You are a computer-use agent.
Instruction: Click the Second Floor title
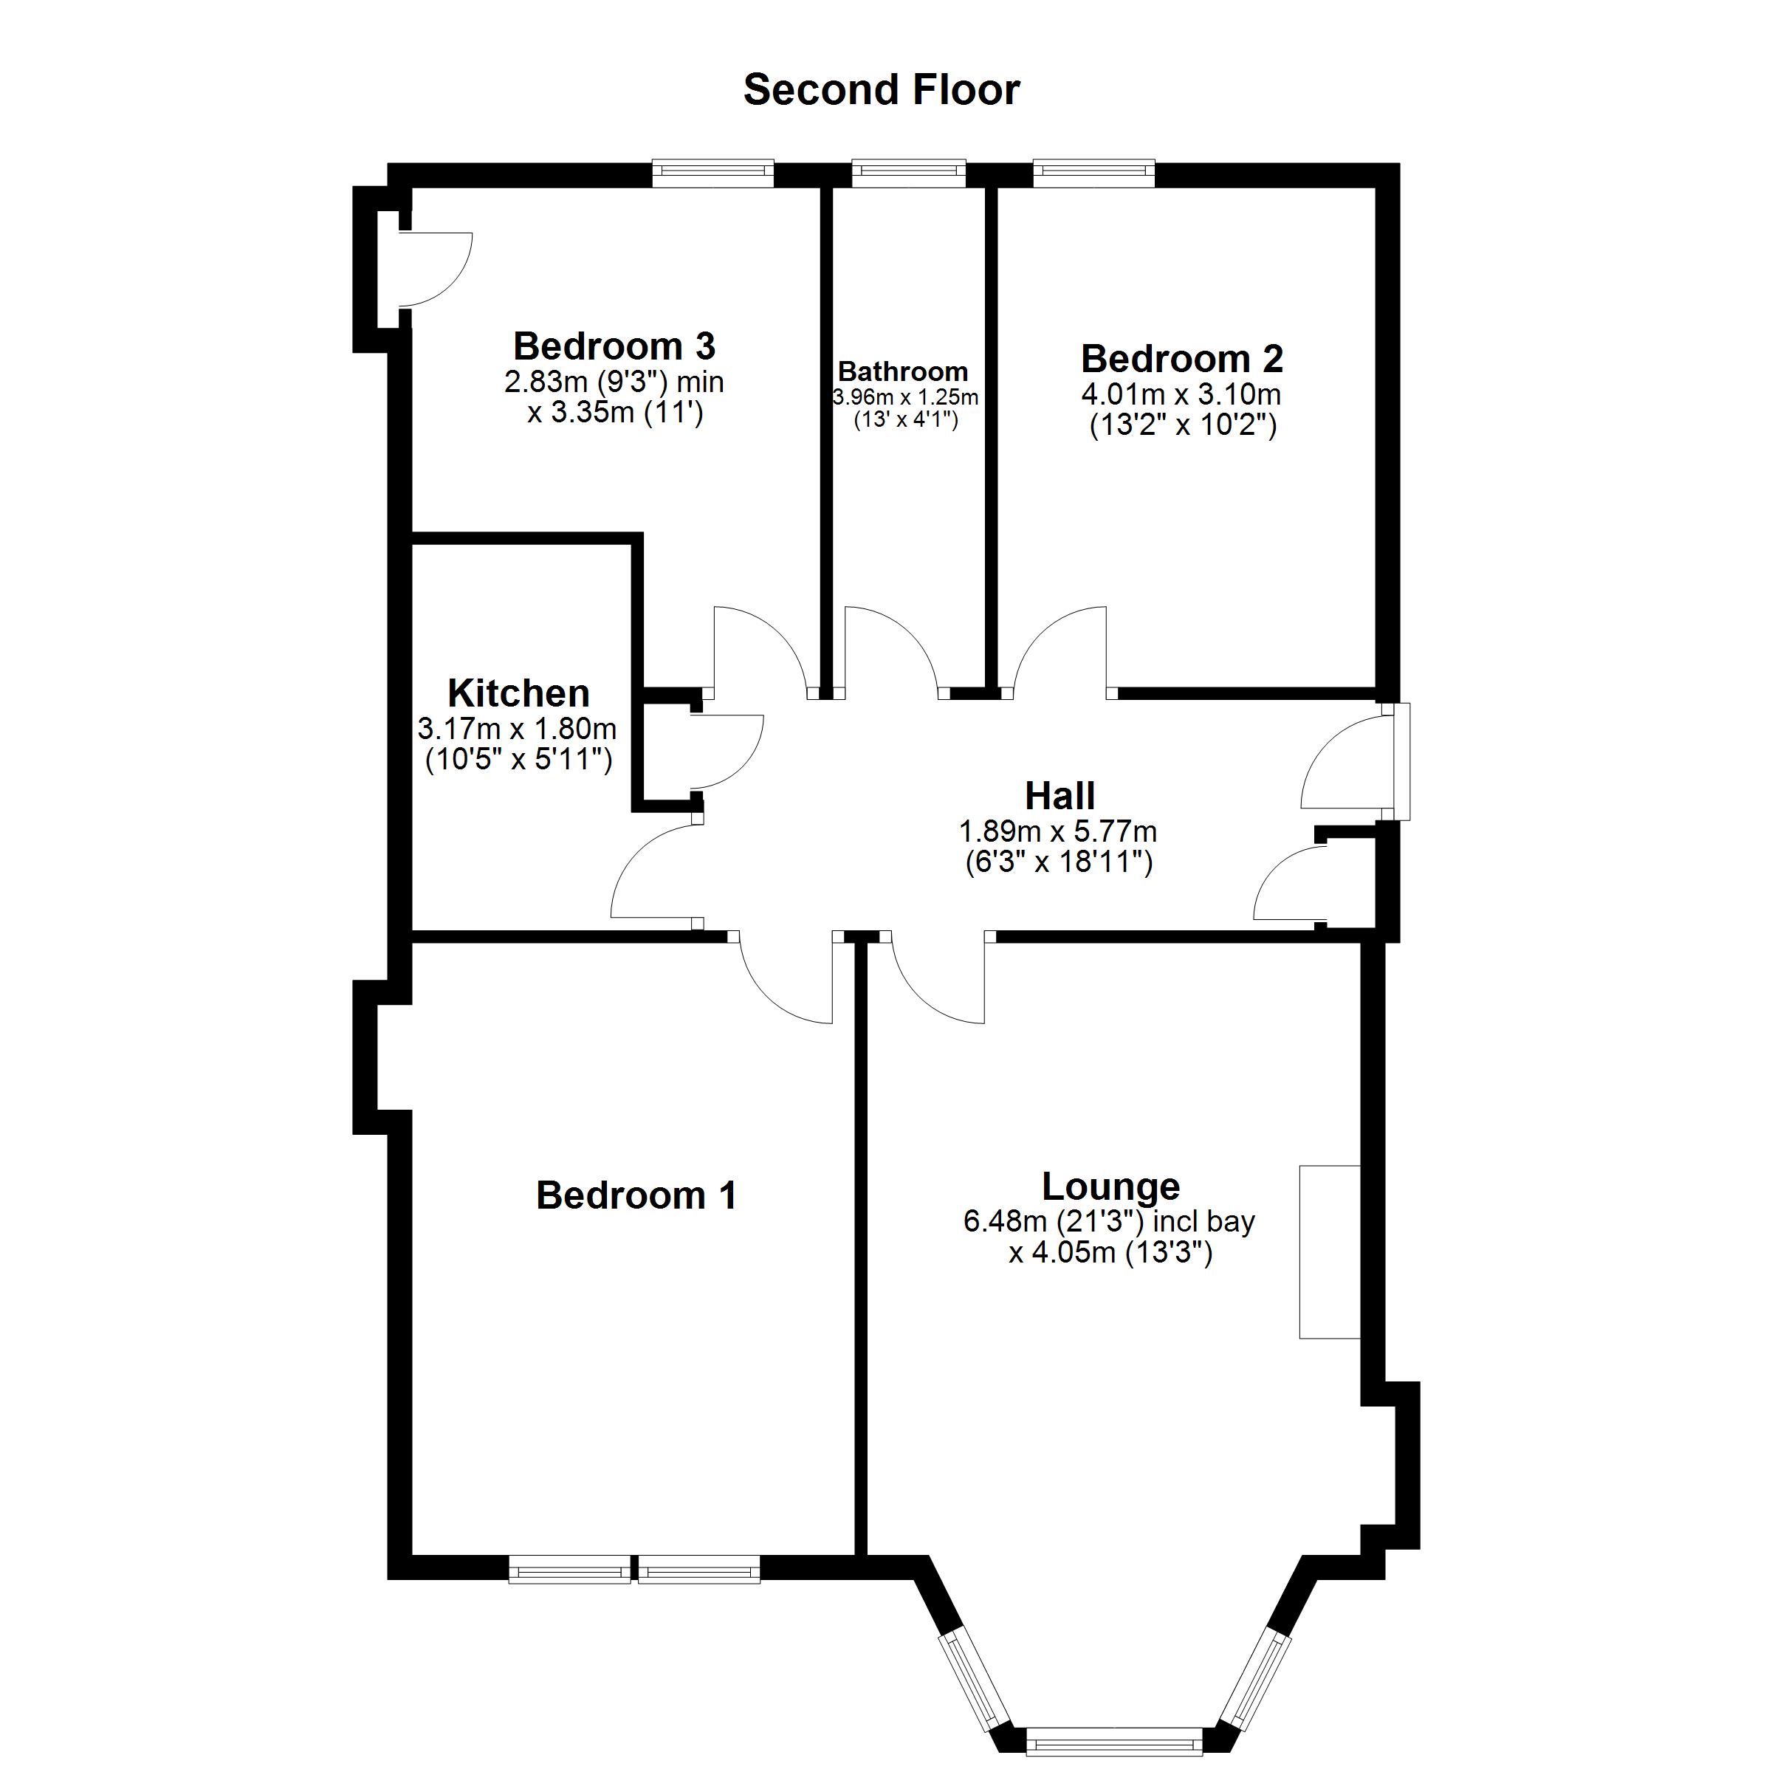click(x=881, y=90)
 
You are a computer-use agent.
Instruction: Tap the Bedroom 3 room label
click(x=614, y=347)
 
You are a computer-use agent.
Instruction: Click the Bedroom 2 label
click(x=1181, y=359)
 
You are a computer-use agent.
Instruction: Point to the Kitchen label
click(x=518, y=693)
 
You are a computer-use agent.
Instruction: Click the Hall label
click(x=1060, y=796)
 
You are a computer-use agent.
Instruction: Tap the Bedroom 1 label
click(x=636, y=1195)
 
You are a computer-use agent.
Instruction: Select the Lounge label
click(x=1110, y=1186)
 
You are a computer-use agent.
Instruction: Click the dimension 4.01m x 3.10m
click(x=1181, y=395)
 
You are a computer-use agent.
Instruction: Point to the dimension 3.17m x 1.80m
click(x=518, y=729)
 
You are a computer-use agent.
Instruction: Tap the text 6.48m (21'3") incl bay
click(x=1109, y=1222)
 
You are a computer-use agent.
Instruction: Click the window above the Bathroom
click(x=908, y=173)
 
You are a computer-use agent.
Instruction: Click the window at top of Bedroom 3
click(x=712, y=173)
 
